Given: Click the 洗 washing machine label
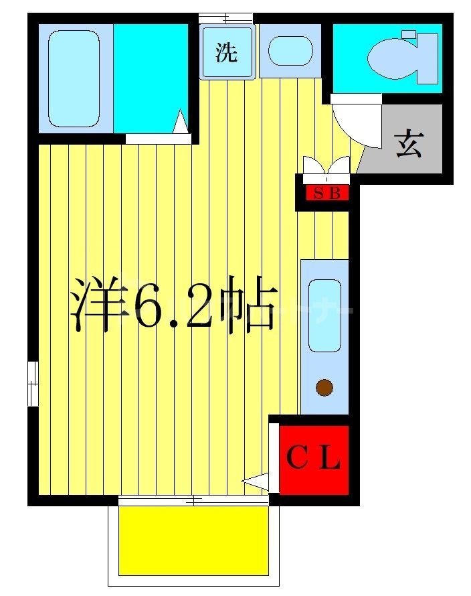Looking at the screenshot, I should (x=227, y=53).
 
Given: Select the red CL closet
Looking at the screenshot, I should (x=314, y=460).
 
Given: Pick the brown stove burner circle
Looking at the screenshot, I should (x=324, y=387).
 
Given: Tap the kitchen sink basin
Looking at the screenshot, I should (x=324, y=316).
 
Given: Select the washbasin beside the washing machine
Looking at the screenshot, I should (x=290, y=52).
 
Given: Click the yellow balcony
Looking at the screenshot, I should (x=193, y=539).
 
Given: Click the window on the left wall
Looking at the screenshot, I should (x=32, y=384).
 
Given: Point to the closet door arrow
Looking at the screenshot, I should (x=256, y=480).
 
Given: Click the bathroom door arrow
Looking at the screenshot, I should (x=181, y=123).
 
